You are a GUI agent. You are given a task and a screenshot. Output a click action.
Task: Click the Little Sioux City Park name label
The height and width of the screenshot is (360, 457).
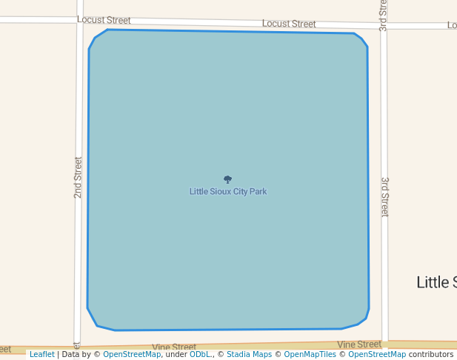click(228, 191)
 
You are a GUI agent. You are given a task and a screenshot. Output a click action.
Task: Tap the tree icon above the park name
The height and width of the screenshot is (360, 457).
click(227, 179)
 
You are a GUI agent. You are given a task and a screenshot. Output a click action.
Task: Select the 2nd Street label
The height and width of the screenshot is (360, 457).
click(78, 177)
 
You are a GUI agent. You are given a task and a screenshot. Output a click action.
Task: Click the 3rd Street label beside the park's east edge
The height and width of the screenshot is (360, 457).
click(384, 196)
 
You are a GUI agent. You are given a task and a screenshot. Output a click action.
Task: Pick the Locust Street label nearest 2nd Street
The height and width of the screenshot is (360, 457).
click(104, 20)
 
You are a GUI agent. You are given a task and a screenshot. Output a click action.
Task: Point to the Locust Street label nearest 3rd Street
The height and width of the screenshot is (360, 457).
click(289, 24)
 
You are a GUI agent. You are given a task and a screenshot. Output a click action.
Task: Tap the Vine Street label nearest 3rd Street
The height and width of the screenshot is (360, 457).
click(359, 344)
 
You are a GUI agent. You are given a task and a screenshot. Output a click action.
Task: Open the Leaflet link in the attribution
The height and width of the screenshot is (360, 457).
click(41, 354)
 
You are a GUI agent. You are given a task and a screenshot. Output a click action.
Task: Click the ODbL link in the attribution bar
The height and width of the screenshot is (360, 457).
click(200, 354)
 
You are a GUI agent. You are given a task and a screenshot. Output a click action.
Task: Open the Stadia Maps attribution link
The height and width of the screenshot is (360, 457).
click(249, 354)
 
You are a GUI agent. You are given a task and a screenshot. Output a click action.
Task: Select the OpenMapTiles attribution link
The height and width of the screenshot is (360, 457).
click(311, 354)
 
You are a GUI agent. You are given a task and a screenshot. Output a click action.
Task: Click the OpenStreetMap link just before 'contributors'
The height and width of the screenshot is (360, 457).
click(377, 354)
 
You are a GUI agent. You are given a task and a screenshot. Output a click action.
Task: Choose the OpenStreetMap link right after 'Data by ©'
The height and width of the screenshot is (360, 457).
click(132, 354)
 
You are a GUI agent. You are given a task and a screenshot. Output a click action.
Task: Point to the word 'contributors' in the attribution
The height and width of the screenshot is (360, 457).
click(430, 354)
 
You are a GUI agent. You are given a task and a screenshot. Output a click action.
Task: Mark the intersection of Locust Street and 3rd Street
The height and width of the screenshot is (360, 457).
click(383, 25)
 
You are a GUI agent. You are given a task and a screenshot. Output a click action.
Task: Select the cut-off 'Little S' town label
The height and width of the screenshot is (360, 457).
click(436, 282)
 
